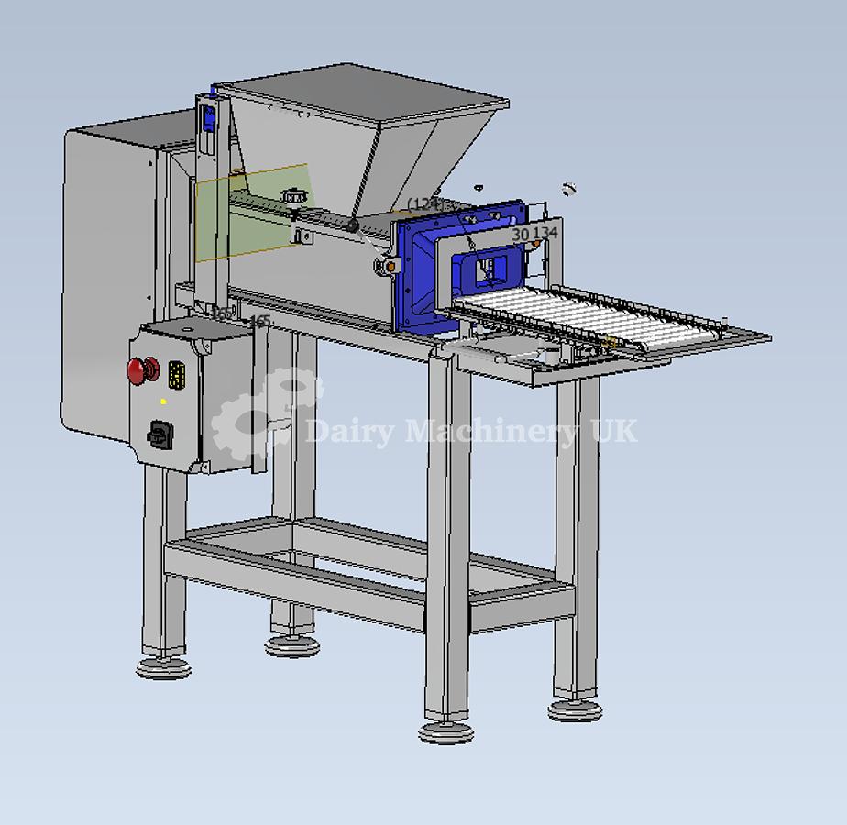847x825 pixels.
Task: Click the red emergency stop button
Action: (137, 371)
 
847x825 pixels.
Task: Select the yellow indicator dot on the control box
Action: (163, 401)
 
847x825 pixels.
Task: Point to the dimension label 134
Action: (545, 234)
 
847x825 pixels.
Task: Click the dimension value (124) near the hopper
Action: (425, 203)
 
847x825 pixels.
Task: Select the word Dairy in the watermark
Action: (351, 430)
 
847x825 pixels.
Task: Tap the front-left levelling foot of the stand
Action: (163, 667)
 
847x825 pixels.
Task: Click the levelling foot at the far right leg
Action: (575, 709)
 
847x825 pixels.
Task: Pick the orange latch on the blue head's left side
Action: (391, 266)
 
